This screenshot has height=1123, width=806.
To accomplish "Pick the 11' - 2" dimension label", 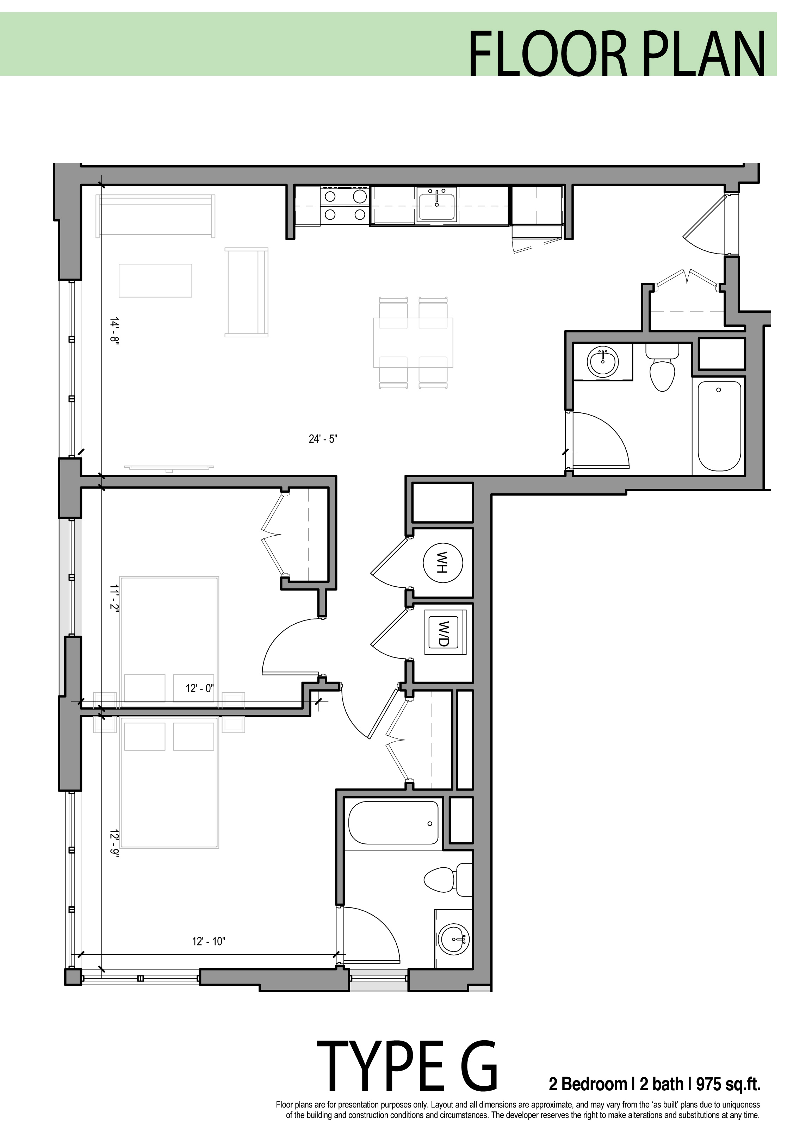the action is (114, 600).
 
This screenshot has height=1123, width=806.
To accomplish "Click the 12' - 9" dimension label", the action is (114, 847).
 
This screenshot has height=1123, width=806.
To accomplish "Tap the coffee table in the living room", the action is (155, 280).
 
